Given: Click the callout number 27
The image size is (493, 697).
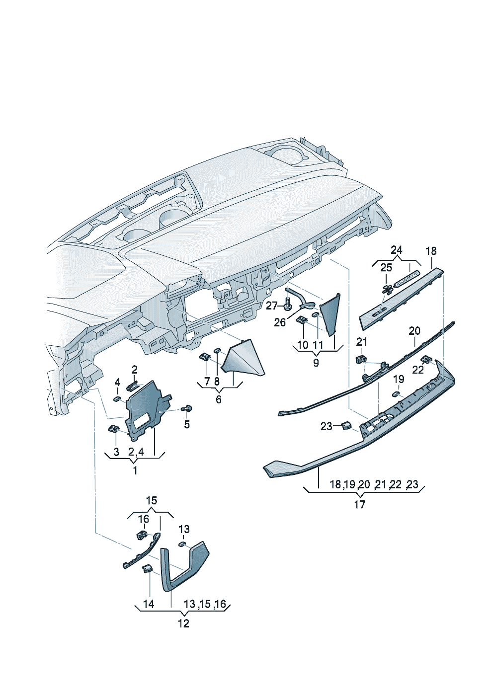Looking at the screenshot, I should tap(271, 306).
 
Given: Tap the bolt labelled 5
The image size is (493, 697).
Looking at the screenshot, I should tap(187, 409).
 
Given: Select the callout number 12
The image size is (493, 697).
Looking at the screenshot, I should tap(183, 623).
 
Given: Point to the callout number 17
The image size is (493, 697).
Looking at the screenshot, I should tap(359, 504).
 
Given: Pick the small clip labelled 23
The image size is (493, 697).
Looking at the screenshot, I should tap(345, 425).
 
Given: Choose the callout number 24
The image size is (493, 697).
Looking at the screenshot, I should tap(396, 250).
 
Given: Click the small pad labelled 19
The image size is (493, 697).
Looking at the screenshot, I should tap(397, 394).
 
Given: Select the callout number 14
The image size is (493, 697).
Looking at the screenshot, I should tap(149, 604).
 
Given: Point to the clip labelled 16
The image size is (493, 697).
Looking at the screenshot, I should tap(142, 535).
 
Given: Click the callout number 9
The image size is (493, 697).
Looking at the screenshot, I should tap(316, 363).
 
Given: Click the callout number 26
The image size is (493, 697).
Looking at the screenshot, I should tap(280, 322).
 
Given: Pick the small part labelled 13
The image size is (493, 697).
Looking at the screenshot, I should tap(182, 544).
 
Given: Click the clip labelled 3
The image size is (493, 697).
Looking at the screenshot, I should tap(113, 429).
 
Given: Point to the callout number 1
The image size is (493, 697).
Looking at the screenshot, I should tap(135, 469).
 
